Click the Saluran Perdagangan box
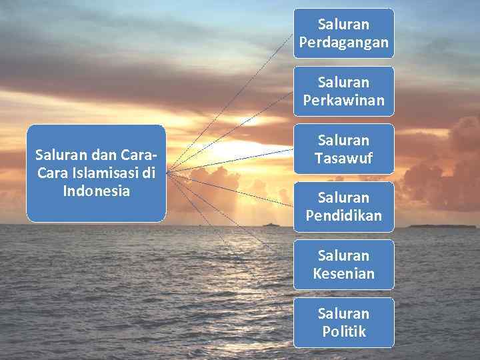[343, 33]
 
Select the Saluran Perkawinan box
[343, 91]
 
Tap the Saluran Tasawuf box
[343, 149]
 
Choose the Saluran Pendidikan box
[343, 207]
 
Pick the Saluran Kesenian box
[343, 264]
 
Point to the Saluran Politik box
[343, 322]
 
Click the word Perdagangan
[343, 43]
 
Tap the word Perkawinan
[343, 101]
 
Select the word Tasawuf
[343, 159]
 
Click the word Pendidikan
[343, 216]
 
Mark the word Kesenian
[343, 274]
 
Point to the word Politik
[343, 331]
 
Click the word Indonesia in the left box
[96, 191]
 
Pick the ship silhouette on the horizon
[271, 225]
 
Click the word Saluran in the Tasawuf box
[343, 140]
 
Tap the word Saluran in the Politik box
[343, 313]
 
